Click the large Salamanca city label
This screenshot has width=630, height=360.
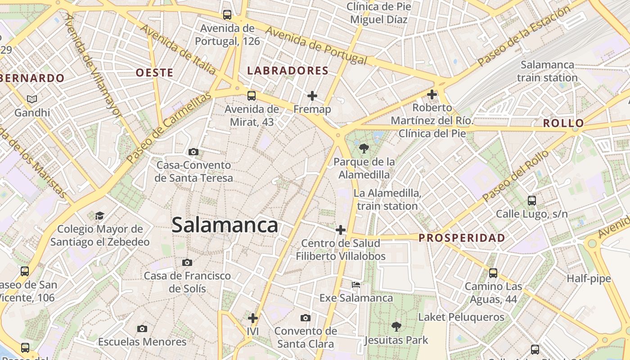click(x=225, y=225)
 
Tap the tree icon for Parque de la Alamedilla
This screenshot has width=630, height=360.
click(x=364, y=148)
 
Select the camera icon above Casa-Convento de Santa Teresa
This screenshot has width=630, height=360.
click(x=193, y=152)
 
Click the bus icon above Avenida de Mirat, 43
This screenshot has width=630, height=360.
click(x=252, y=95)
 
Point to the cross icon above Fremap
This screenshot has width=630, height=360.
click(x=312, y=95)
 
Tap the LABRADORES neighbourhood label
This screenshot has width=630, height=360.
click(x=288, y=71)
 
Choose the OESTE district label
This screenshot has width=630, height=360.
click(x=154, y=72)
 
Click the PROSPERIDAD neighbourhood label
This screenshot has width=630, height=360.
click(x=462, y=238)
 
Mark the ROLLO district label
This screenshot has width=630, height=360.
click(x=563, y=123)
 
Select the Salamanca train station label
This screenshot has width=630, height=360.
click(x=547, y=71)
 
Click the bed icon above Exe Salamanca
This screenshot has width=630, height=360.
click(x=356, y=284)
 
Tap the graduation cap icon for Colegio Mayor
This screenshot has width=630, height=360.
click(x=99, y=216)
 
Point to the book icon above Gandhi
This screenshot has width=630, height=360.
click(x=31, y=99)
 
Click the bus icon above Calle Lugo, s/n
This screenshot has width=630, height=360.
click(x=531, y=200)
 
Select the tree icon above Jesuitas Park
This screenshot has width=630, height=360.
click(x=396, y=326)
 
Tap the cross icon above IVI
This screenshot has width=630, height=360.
click(x=253, y=318)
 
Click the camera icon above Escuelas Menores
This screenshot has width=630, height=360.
click(x=142, y=328)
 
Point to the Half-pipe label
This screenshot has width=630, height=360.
click(x=589, y=279)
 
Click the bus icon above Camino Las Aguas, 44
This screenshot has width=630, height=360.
click(x=493, y=273)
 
